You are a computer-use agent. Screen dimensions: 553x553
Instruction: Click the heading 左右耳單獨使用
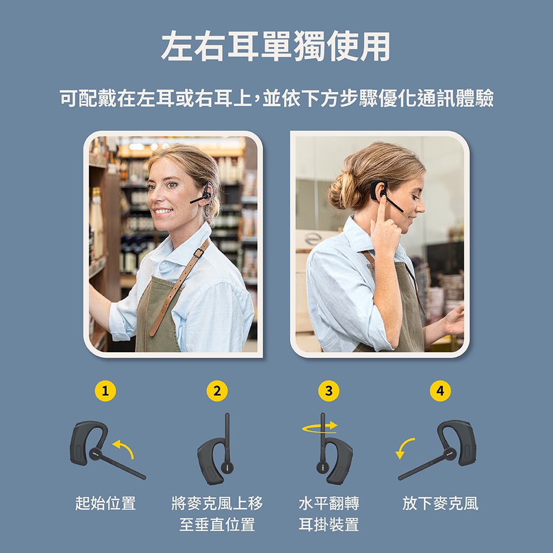click(276, 46)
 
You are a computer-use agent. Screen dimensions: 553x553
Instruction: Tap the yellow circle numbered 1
click(105, 391)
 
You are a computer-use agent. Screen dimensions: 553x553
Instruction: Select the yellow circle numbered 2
click(217, 391)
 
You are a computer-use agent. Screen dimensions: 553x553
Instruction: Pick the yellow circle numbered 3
click(328, 391)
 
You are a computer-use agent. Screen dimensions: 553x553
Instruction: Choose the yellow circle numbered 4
click(440, 391)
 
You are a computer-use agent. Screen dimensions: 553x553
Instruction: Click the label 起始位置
click(106, 503)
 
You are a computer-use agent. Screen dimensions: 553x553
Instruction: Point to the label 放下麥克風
click(440, 503)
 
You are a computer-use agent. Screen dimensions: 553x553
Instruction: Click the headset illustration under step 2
click(215, 450)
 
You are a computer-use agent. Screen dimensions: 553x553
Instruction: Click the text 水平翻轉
click(328, 503)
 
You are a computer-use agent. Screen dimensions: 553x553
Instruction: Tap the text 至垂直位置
click(217, 524)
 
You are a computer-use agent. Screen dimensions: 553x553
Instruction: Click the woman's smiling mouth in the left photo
click(163, 211)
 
